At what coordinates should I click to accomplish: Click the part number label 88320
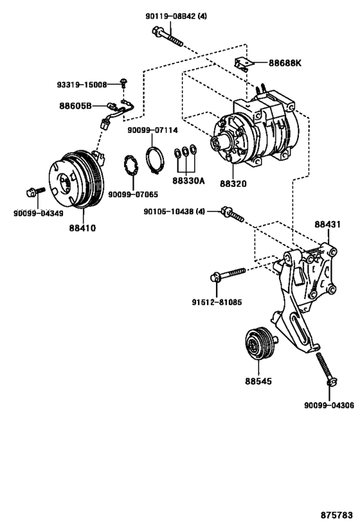point(233,184)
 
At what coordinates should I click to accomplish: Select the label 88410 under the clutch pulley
point(83,228)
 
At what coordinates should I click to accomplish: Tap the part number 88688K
point(285,63)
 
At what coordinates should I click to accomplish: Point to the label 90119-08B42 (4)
point(176,16)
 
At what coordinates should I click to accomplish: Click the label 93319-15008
point(82,85)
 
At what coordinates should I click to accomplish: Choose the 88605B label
point(76,106)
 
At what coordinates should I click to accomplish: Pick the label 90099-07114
point(152,130)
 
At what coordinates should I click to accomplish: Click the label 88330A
point(188,181)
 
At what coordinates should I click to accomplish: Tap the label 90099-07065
point(133,195)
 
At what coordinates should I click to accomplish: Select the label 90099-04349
point(39,213)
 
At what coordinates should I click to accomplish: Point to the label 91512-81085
point(217,302)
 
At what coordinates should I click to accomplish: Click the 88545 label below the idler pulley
point(258,381)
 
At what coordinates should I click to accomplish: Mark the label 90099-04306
point(329,405)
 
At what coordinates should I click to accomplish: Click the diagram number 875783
point(336,515)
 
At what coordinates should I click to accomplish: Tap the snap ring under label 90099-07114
point(155,160)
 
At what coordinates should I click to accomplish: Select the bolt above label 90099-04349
point(35,192)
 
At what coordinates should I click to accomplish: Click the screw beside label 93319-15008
point(123,82)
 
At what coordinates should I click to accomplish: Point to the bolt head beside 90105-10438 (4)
point(226,211)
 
